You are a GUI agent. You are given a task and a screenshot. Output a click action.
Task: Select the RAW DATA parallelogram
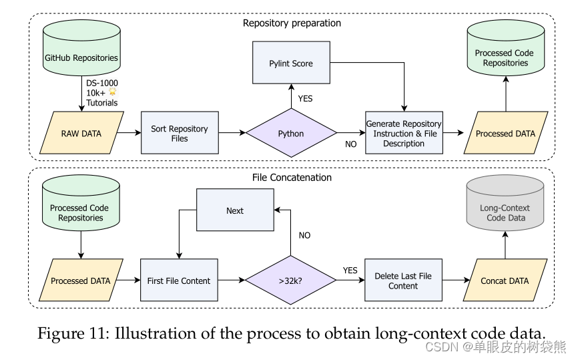81,134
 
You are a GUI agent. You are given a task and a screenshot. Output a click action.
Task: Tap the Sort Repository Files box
179,134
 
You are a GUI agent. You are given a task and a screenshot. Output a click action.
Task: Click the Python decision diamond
291,134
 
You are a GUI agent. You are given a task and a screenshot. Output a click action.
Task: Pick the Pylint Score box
291,64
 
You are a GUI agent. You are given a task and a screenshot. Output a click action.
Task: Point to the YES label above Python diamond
305,98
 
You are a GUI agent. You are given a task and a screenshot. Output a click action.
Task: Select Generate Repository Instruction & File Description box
404,134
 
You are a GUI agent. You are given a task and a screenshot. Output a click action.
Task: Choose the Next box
234,210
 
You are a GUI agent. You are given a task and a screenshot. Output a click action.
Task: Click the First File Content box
179,281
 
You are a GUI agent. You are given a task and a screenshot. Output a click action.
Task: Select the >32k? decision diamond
291,281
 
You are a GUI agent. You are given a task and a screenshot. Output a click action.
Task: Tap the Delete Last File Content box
403,281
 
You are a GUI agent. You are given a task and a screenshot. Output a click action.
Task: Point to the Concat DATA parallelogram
505,281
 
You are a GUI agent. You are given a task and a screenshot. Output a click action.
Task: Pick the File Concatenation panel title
292,178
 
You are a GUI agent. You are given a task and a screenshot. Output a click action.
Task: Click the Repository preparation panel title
292,23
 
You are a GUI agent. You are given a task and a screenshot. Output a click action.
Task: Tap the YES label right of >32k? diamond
350,271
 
